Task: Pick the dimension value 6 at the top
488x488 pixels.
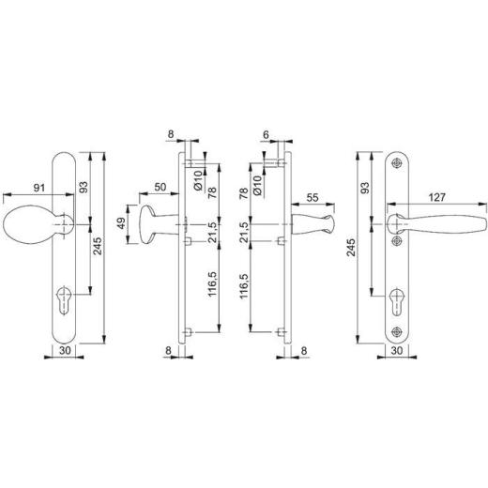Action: (x=267, y=136)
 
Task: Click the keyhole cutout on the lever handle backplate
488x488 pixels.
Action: (x=399, y=302)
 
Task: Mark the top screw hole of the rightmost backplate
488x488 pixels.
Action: (x=399, y=162)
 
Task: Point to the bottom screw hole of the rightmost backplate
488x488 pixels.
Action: (x=399, y=330)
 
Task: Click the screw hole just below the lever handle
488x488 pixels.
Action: (x=399, y=241)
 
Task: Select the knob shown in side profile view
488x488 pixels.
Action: (x=155, y=224)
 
